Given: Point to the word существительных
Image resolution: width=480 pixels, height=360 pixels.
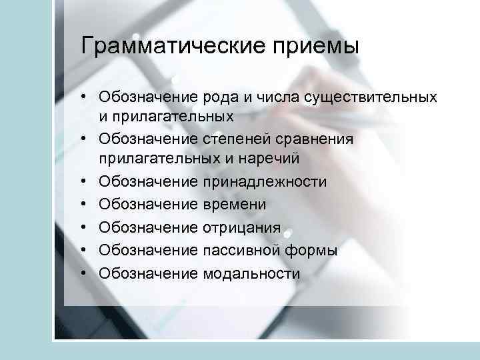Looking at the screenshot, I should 371,97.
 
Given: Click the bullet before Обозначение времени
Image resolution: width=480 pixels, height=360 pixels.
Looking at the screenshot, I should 87,205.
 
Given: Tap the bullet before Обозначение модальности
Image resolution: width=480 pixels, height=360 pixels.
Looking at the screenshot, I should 87,273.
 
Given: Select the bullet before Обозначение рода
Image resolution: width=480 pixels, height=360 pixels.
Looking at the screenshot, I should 87,97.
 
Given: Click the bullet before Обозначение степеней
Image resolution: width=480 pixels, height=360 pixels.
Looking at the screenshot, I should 87,139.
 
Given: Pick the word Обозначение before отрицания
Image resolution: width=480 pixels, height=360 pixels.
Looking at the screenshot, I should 148,227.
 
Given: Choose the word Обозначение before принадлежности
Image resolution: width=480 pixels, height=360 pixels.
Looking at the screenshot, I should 148,181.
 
